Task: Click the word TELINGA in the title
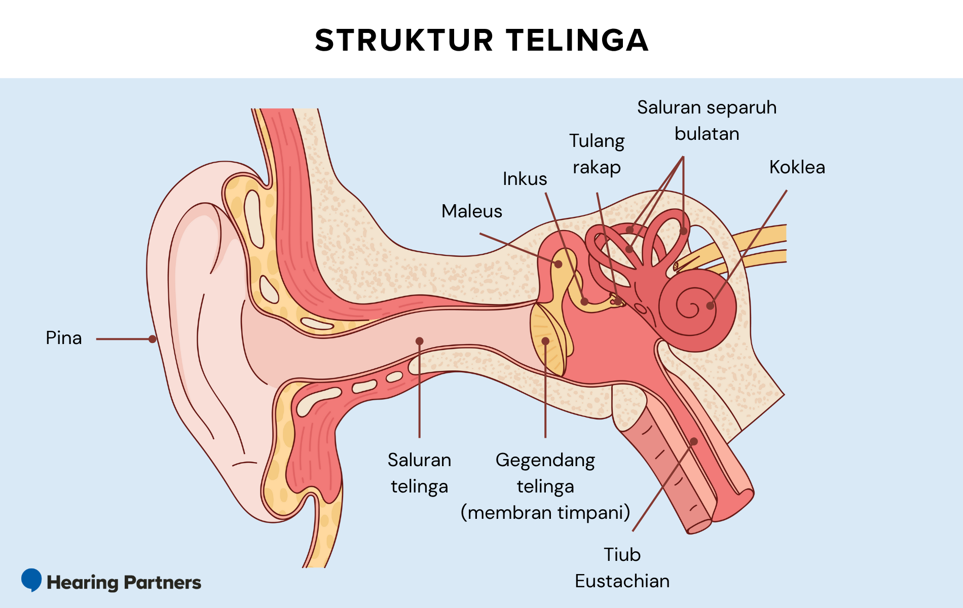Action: [x=577, y=40]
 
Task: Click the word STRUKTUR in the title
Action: [x=404, y=40]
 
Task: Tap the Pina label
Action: [x=64, y=338]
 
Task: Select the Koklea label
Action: [x=797, y=167]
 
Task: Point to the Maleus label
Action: [x=471, y=211]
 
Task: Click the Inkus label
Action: [x=525, y=179]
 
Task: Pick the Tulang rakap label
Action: [x=597, y=154]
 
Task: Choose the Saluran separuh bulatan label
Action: [x=707, y=121]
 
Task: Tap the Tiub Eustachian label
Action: [x=622, y=568]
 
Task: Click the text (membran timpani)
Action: [x=545, y=512]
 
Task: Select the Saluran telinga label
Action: [x=419, y=473]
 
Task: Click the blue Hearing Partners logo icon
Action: [x=31, y=580]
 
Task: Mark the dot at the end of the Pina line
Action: [x=153, y=339]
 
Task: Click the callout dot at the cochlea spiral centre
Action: [x=710, y=306]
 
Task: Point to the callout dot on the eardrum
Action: [x=545, y=341]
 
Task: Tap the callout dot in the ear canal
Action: [x=420, y=341]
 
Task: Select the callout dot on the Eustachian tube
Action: [x=694, y=441]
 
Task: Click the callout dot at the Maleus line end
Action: [x=558, y=264]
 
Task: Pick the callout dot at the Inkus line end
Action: [x=584, y=301]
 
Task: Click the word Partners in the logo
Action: [x=163, y=583]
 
